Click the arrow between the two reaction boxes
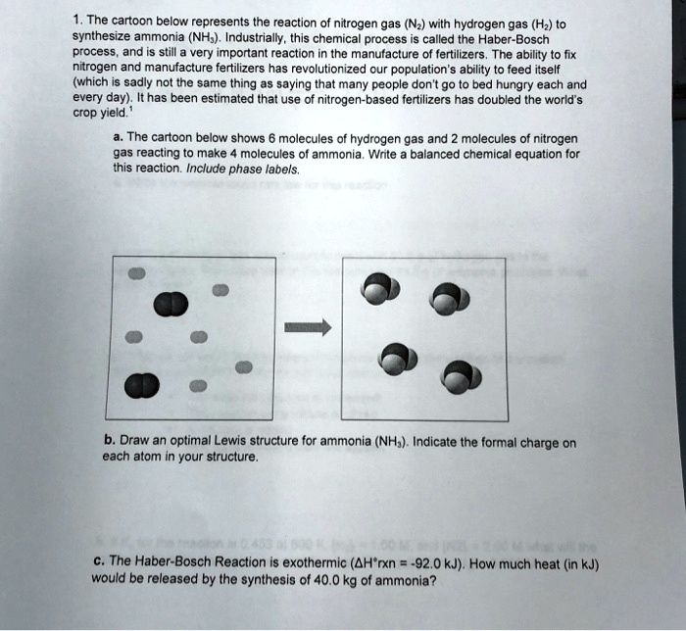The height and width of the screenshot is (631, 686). [307, 330]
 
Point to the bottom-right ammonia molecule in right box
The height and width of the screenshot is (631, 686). [459, 378]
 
